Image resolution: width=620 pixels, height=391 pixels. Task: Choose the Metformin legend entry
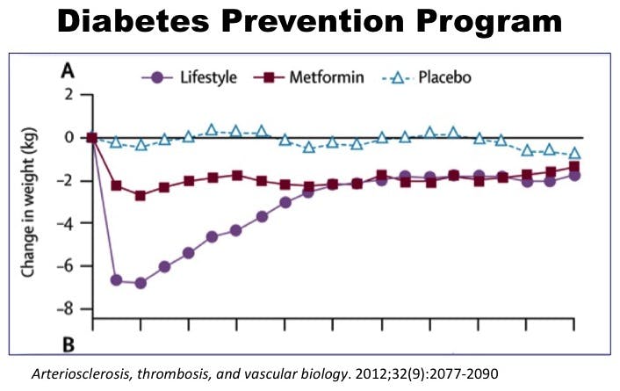[328, 77]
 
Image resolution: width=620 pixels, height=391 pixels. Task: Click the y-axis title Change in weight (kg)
[29, 201]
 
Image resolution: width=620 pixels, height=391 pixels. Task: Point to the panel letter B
[67, 342]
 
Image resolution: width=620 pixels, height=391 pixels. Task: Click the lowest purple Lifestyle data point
[141, 283]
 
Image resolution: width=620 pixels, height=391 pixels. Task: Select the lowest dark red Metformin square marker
[141, 195]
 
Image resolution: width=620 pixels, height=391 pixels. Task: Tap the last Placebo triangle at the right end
[573, 154]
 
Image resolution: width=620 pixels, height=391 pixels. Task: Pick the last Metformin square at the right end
[573, 167]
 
